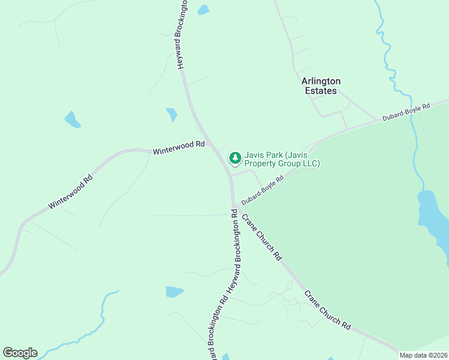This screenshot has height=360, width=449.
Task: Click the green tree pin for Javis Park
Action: pos(235,158)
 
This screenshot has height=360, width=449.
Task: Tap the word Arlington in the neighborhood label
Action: pos(321,81)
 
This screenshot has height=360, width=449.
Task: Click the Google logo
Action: pos(20,353)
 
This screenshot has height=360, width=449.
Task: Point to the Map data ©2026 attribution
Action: pos(424,355)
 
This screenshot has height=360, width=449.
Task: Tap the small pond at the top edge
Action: pos(203,10)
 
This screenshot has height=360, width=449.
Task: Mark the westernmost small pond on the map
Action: pos(72,119)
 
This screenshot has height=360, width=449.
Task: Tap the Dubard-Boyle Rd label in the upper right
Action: pos(407,113)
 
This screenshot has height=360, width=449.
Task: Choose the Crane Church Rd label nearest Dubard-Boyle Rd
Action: pos(262,237)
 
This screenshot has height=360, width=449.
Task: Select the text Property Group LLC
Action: pos(282,163)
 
